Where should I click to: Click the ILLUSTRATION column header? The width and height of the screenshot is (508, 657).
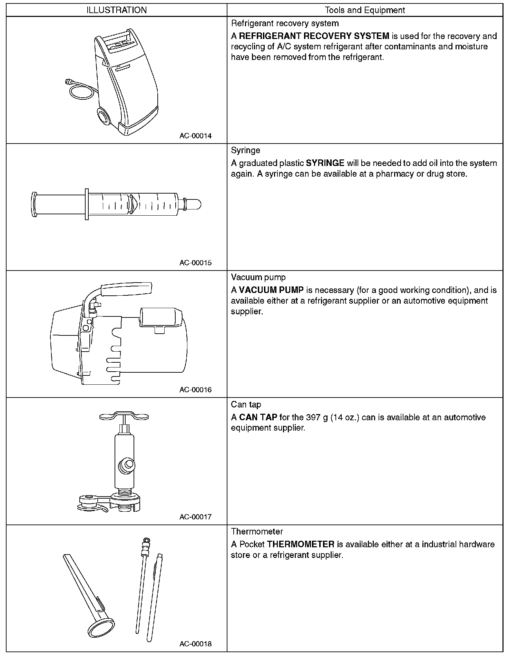pos(117,10)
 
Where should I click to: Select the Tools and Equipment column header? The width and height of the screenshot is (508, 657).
pos(365,10)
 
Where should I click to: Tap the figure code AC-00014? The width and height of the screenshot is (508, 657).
pos(195,136)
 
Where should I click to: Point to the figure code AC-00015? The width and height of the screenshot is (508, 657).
pos(195,263)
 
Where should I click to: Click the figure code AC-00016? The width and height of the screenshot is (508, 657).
pos(195,390)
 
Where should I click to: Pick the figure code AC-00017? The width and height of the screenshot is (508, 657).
pos(195,517)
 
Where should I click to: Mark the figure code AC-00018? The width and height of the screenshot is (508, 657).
pos(195,644)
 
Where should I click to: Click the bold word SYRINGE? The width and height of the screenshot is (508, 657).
pos(325,163)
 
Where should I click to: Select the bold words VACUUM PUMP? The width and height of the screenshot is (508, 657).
pos(271,290)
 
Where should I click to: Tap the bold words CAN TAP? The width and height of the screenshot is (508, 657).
pos(258,417)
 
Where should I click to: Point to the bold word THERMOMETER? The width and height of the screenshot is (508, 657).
pos(301,544)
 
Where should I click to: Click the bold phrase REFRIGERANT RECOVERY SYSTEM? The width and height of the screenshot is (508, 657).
pos(314,36)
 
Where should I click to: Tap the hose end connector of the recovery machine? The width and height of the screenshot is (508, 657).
pos(68,82)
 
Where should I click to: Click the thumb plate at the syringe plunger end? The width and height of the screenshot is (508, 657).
pos(33,205)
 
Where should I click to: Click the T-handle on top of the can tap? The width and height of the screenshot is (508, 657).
pos(124,416)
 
